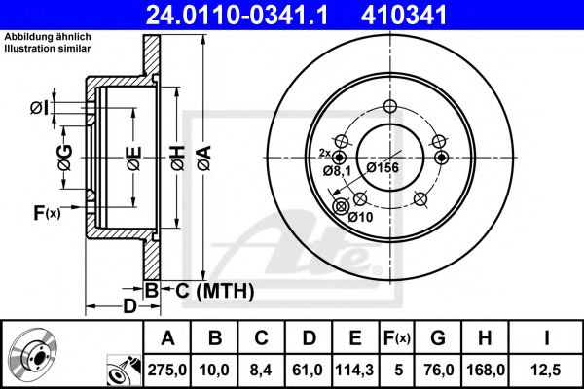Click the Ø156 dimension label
pyautogui.click(x=383, y=167)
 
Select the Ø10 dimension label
pyautogui.click(x=359, y=218)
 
